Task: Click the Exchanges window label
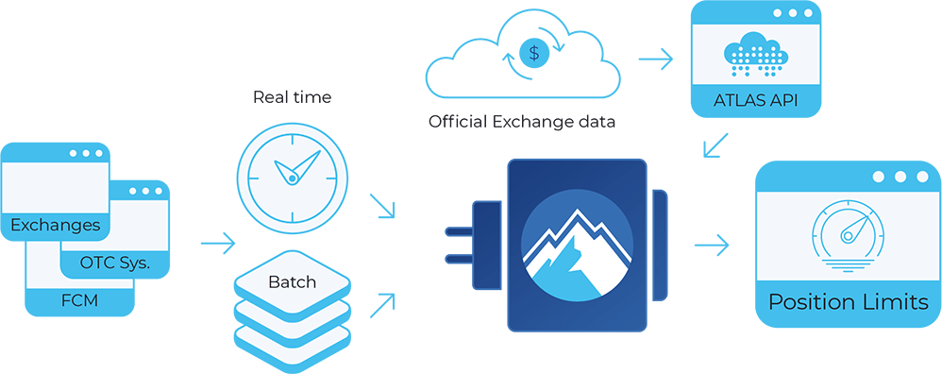point(55,226)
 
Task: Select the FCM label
point(80,302)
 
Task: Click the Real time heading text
point(291,96)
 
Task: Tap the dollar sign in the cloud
point(535,54)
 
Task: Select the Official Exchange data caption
point(524,122)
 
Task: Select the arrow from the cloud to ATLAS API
point(655,59)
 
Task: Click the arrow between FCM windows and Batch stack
point(218,245)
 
